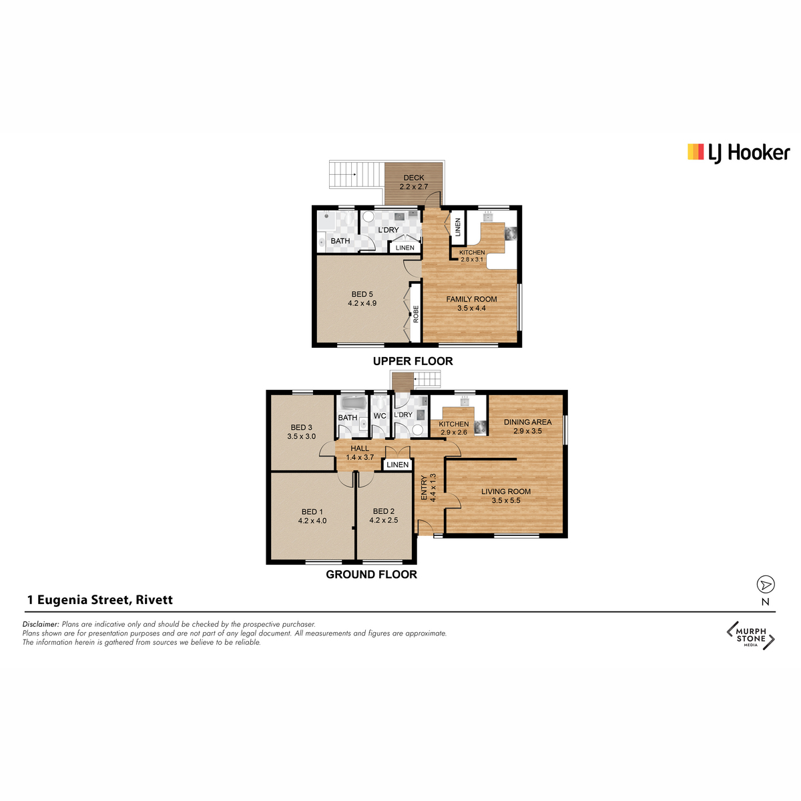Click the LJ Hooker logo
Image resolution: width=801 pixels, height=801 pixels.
(x=738, y=153)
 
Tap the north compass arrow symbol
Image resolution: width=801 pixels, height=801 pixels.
(x=765, y=585)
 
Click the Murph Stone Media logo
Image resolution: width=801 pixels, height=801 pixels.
(x=750, y=635)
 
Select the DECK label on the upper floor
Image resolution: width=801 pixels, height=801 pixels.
(x=414, y=178)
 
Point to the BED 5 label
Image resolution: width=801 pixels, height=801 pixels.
(x=362, y=294)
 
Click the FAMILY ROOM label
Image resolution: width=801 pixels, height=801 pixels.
(x=471, y=299)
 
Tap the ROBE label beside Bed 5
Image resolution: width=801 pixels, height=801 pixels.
(x=416, y=314)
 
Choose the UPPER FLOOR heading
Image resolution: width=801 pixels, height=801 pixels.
(x=413, y=361)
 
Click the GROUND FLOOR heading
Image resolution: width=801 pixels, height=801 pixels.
(x=371, y=575)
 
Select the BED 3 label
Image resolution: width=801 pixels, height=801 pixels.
(x=301, y=427)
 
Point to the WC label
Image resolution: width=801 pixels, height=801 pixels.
(x=380, y=416)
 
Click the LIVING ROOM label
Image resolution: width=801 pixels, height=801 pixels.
(x=506, y=491)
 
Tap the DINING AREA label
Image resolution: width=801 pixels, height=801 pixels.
(x=527, y=422)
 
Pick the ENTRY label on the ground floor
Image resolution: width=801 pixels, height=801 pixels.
(x=424, y=488)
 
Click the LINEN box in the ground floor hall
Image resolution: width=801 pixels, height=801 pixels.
(x=397, y=465)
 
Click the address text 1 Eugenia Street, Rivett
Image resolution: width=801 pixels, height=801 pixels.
(x=99, y=600)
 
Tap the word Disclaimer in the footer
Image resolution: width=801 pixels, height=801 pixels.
(x=41, y=624)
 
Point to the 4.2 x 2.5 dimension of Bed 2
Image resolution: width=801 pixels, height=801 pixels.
(x=383, y=520)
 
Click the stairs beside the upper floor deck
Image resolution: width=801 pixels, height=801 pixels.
(x=356, y=174)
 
